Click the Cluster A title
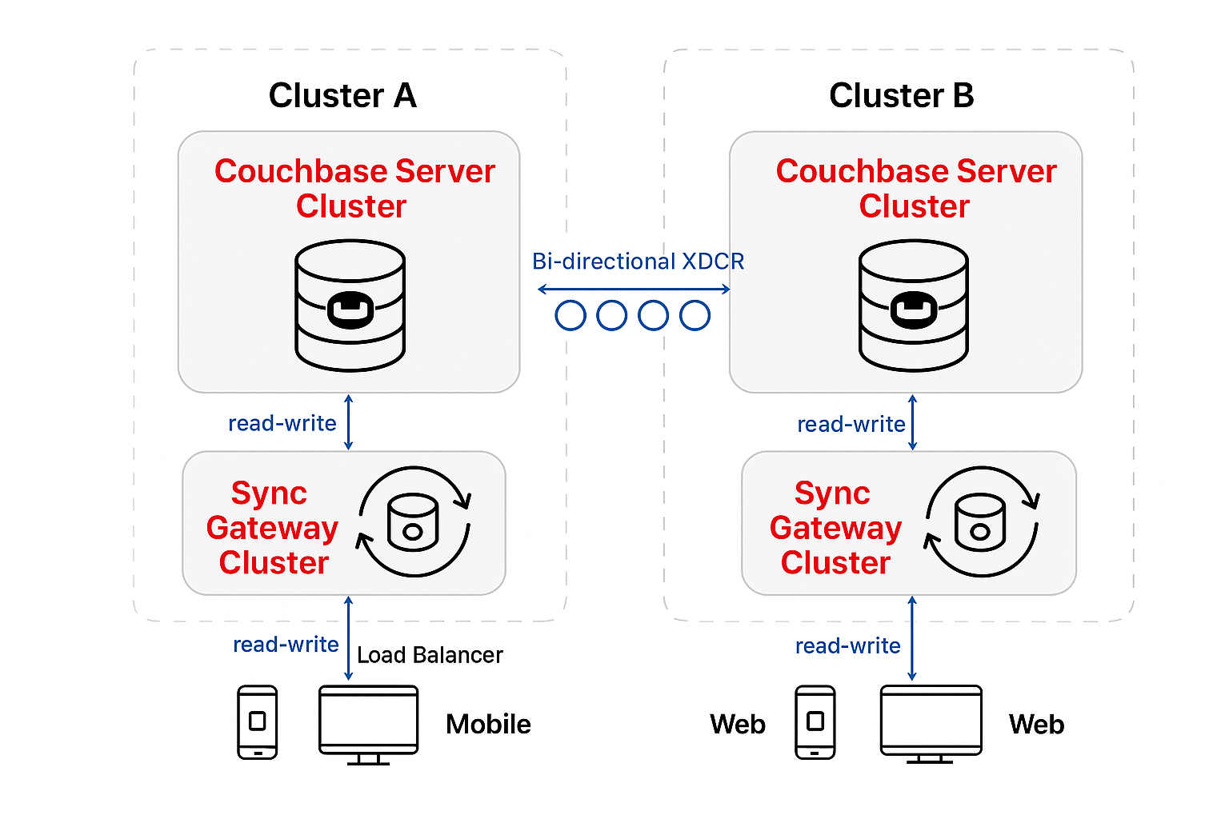pos(342,96)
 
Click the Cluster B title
pos(901,96)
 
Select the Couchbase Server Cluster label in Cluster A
pos(354,189)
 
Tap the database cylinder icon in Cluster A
pos(350,306)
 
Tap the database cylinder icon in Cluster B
pos(914,306)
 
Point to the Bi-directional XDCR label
pos(638,262)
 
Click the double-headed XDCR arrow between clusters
pos(634,289)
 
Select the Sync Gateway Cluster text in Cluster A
pos(272,528)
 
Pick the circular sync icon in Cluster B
pos(981,521)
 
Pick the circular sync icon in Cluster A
pos(414,521)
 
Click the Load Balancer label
pos(430,655)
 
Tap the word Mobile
pos(488,725)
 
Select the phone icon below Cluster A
pos(258,722)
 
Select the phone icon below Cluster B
pos(815,722)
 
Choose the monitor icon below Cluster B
pos(931,722)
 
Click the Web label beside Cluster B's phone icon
pos(738,725)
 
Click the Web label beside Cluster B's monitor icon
pos(1036,725)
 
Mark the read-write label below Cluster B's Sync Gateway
pos(847,646)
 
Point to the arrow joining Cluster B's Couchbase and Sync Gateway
pos(913,422)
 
